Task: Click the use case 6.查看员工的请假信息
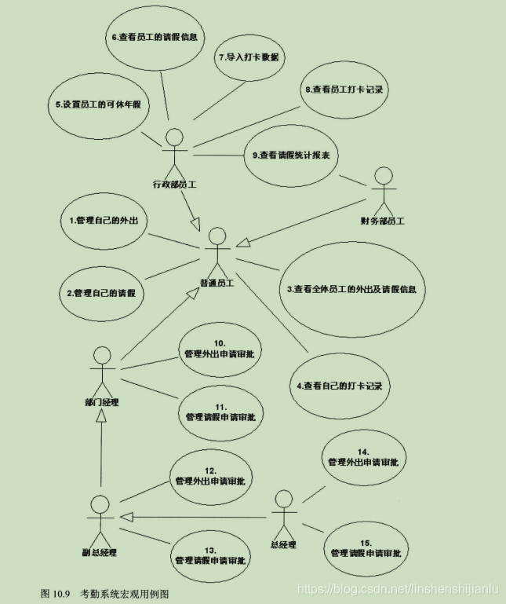tap(155, 37)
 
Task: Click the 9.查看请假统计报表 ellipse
tap(290, 156)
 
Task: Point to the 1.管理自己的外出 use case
tap(103, 220)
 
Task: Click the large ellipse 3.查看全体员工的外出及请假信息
tap(355, 289)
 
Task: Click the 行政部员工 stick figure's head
tap(175, 137)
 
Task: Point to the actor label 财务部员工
tap(382, 221)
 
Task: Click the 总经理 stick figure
tap(283, 515)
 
